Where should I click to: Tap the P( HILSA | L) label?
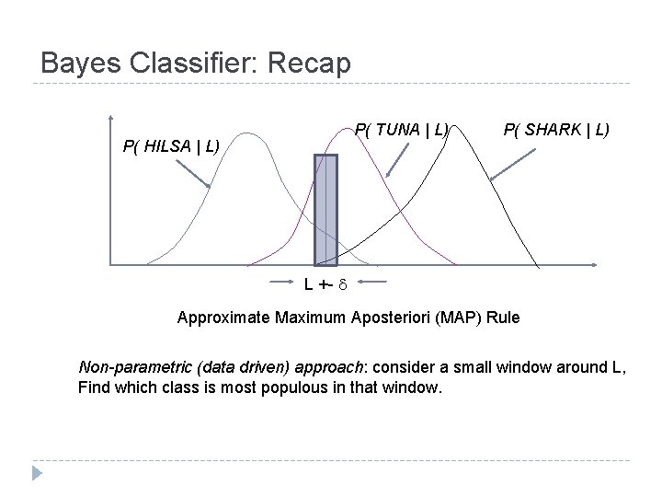point(170,145)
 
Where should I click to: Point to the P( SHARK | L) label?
point(556,130)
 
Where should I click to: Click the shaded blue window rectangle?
point(325,210)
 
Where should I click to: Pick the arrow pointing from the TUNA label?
point(395,160)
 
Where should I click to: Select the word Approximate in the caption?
point(219,318)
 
